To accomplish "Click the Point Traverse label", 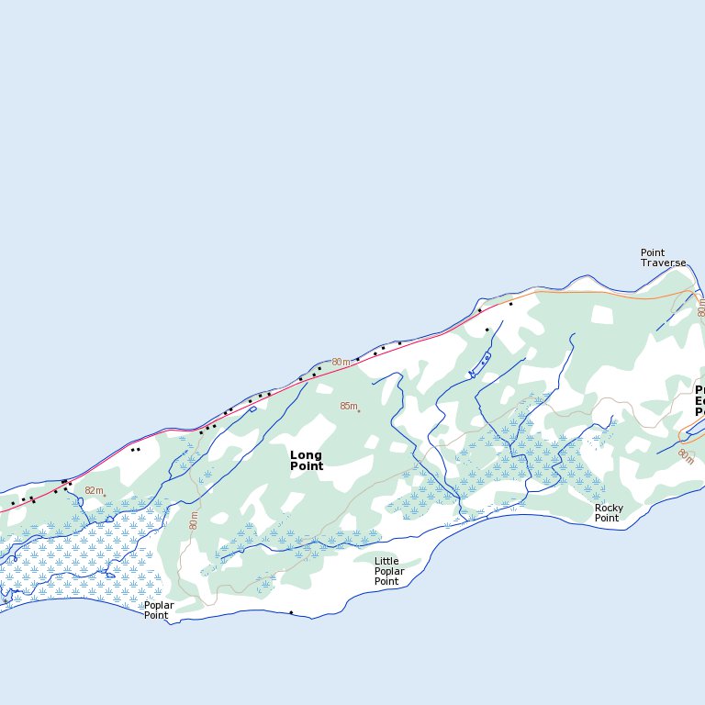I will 663,258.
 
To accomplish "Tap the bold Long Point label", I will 307,460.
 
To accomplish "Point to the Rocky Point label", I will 609,513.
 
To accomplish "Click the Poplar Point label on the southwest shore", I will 158,610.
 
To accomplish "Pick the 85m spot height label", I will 348,406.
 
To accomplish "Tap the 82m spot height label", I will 94,491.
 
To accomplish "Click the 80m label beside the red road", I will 341,363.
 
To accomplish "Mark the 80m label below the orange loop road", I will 686,456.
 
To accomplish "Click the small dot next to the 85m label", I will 359,410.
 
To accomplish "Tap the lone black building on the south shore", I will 291,612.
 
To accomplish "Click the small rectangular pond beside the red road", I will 252,409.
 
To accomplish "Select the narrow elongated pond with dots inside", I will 480,364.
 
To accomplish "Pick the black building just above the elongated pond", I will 487,330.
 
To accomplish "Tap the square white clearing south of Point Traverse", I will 601,315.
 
